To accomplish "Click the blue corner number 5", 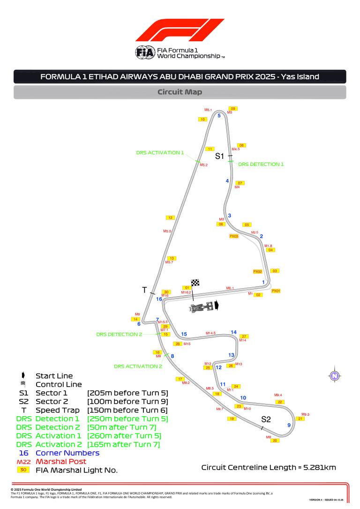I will [219, 115].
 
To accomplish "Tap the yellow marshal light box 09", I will [233, 109].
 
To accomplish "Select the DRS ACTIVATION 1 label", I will [160, 152].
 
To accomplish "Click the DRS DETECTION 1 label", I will [261, 165].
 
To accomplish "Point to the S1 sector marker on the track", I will [219, 157].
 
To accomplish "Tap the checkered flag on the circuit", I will [195, 283].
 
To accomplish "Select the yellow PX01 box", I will [276, 291].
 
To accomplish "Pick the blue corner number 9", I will [289, 425].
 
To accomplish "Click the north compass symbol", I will [334, 375].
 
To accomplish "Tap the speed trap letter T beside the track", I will [144, 290].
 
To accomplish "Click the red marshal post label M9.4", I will [278, 395].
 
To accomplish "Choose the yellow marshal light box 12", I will [170, 217].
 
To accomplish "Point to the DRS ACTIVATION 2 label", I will [138, 366].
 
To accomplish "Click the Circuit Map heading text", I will [180, 92].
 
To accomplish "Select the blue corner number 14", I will [233, 332].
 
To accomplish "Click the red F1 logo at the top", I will [180, 30].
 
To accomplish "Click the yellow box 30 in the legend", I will [23, 470].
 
